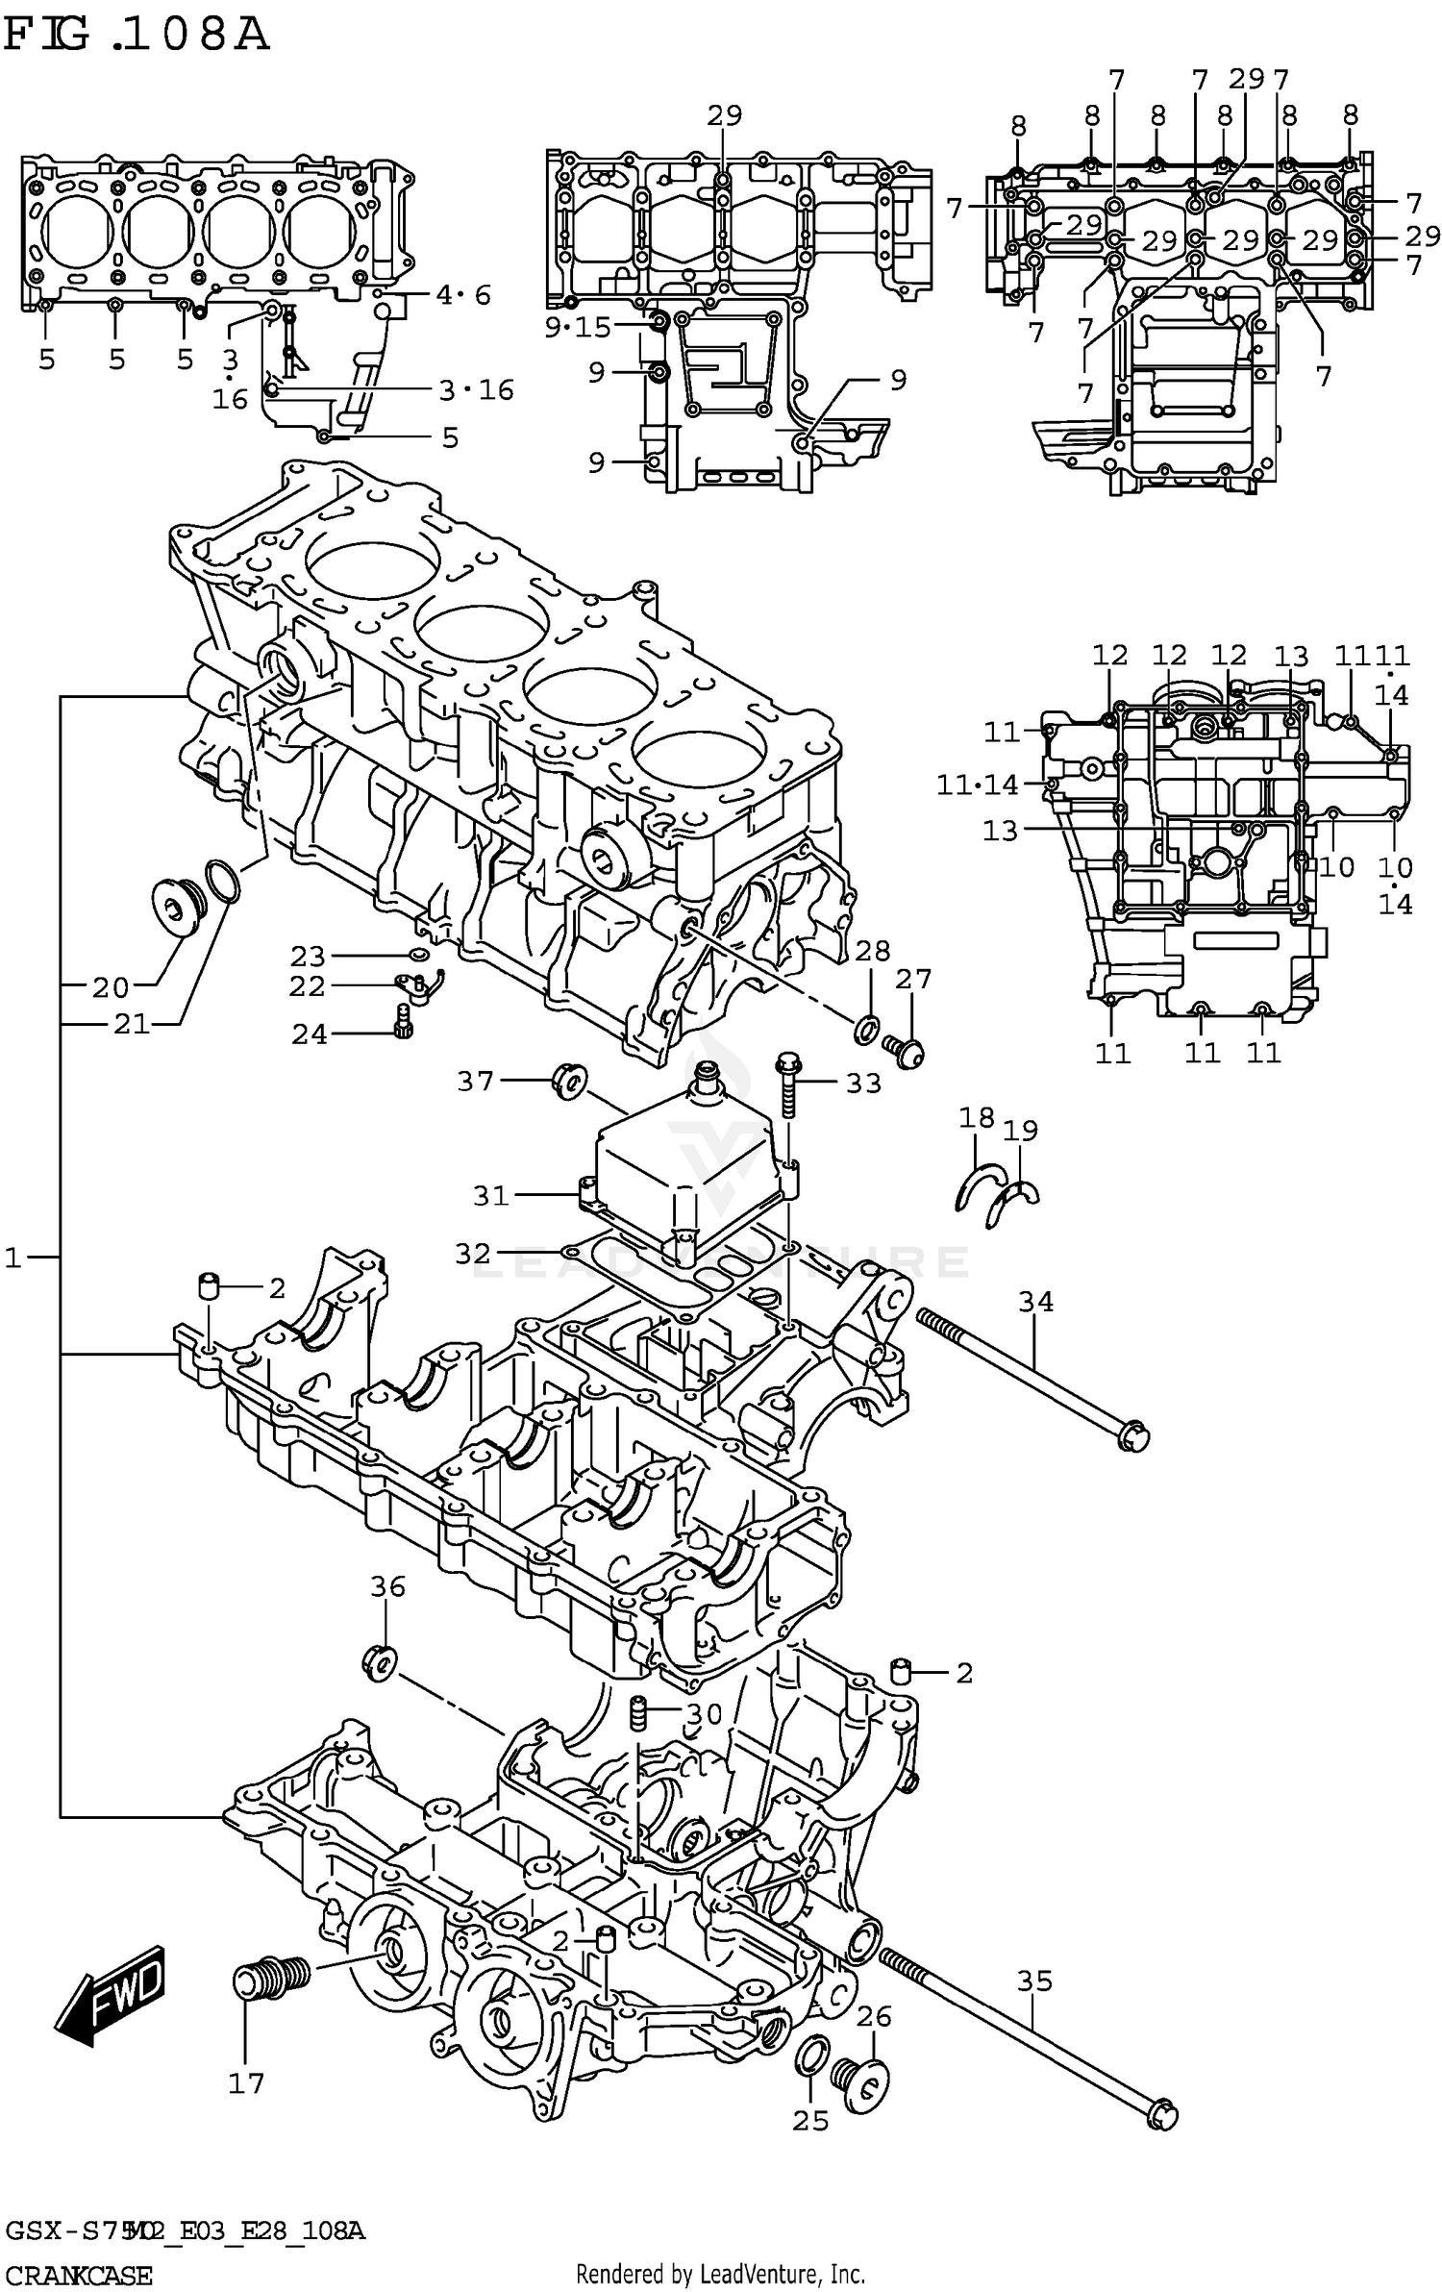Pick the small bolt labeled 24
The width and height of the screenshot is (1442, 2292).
click(404, 1021)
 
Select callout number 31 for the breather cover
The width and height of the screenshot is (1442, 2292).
click(490, 1195)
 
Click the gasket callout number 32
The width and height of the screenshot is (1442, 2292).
click(473, 1253)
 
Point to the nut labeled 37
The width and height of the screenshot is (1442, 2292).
click(568, 1080)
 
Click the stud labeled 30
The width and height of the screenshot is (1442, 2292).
click(635, 1716)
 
